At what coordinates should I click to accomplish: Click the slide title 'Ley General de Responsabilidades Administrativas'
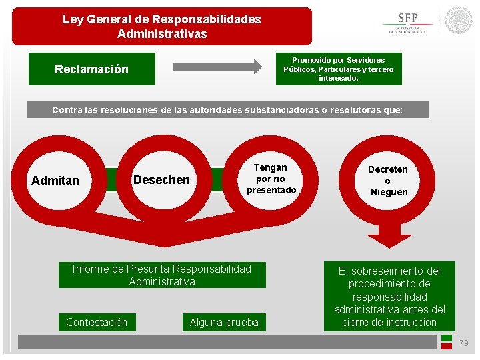click(162, 27)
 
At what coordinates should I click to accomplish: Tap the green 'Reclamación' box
click(92, 69)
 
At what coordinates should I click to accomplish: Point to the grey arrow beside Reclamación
click(218, 66)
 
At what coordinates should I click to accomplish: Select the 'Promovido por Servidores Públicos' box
click(339, 69)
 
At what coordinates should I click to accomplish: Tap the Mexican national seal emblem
click(459, 20)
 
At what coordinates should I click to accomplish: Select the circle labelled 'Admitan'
click(55, 180)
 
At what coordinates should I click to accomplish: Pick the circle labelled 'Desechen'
click(161, 180)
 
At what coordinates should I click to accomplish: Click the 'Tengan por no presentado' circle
click(271, 179)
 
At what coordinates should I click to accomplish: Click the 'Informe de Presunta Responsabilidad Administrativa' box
click(162, 275)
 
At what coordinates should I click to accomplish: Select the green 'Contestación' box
click(97, 322)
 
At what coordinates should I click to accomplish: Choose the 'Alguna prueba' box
click(224, 322)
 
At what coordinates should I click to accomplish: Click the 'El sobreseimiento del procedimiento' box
click(389, 296)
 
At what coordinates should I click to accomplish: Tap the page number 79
click(464, 343)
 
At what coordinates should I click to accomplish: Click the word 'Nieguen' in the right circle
click(389, 192)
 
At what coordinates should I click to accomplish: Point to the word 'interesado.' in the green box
click(339, 78)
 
